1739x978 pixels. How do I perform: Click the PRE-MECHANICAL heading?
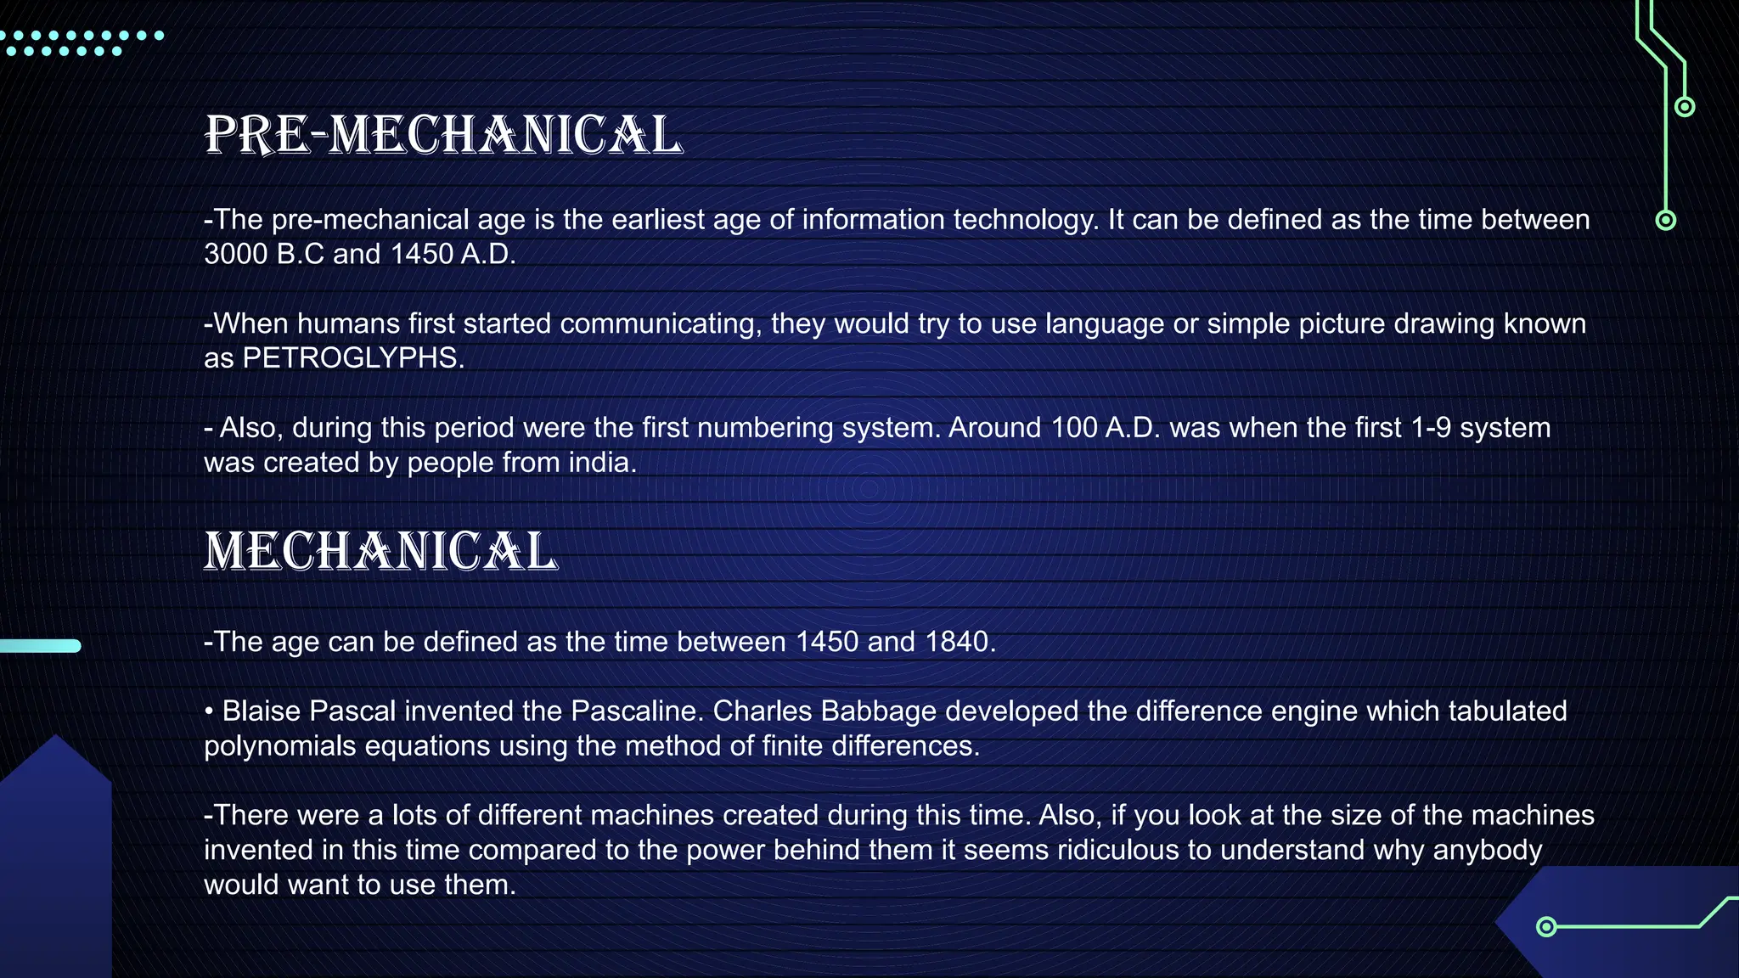tap(443, 135)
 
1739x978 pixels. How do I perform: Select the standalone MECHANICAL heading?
tap(380, 551)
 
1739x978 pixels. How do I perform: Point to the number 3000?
tap(236, 254)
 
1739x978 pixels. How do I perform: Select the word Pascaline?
tap(636, 711)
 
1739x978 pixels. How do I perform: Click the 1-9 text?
tap(1430, 428)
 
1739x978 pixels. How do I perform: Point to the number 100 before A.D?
tap(1073, 428)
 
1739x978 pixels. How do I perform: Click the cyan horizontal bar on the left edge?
tap(40, 646)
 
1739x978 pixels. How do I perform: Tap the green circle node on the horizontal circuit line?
tap(1546, 926)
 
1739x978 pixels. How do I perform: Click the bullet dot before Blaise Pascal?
tap(209, 711)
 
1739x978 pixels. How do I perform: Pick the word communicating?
tap(660, 323)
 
